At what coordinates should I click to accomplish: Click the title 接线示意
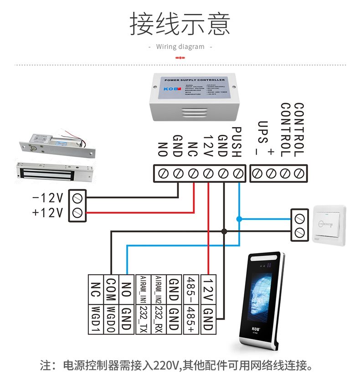pyautogui.click(x=180, y=23)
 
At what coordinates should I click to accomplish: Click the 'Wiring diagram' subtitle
pyautogui.click(x=180, y=46)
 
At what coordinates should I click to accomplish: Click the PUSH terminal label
pyautogui.click(x=236, y=142)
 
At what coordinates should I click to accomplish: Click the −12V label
pyautogui.click(x=47, y=198)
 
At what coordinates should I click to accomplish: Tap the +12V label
pyautogui.click(x=47, y=212)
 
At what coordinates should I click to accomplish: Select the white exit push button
pyautogui.click(x=329, y=224)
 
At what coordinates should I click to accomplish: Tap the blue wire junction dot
pyautogui.click(x=239, y=219)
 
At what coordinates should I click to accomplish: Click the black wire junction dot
pyautogui.click(x=224, y=231)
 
